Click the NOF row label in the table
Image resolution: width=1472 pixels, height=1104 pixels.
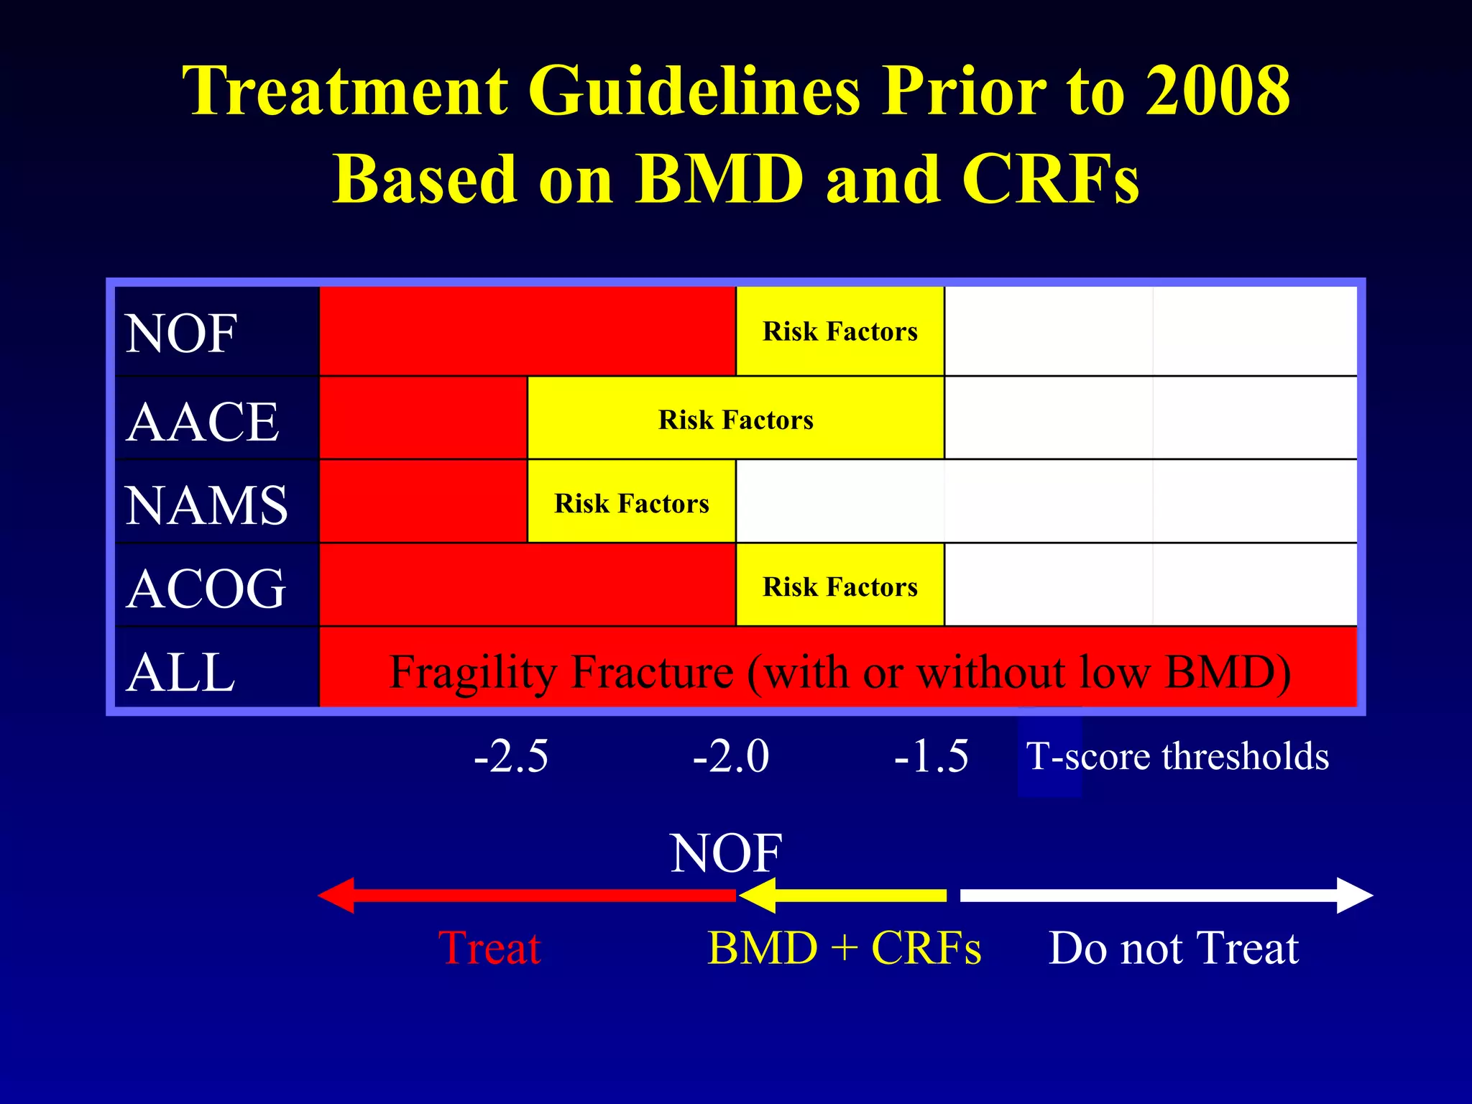[x=181, y=333]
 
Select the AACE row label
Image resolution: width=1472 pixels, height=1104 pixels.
[x=202, y=421]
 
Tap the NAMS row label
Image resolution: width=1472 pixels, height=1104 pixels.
[x=206, y=505]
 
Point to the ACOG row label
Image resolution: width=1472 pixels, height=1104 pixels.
[x=206, y=588]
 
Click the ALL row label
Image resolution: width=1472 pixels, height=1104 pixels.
[x=180, y=672]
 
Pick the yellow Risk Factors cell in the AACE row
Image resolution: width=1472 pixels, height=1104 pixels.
[x=735, y=419]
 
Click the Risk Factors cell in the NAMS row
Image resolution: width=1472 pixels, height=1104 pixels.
[x=631, y=503]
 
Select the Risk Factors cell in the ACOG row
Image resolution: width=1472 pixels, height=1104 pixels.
[x=839, y=586]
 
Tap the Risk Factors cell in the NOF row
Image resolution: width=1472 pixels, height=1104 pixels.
[x=839, y=331]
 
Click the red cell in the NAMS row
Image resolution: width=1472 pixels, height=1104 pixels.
[x=423, y=502]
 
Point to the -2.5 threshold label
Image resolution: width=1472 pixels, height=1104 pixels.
[x=511, y=756]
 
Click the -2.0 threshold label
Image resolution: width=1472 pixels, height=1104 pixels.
[x=730, y=756]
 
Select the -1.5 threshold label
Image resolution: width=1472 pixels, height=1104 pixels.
[x=931, y=756]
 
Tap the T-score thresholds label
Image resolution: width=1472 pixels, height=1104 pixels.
[x=1177, y=756]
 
